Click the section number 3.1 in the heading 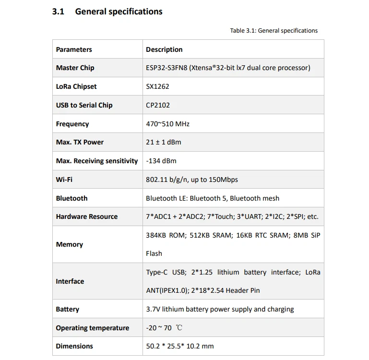pyautogui.click(x=58, y=12)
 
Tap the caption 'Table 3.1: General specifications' pyautogui.click(x=274, y=31)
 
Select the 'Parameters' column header pyautogui.click(x=74, y=49)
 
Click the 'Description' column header pyautogui.click(x=164, y=49)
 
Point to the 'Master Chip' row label pyautogui.click(x=75, y=68)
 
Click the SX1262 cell pyautogui.click(x=157, y=86)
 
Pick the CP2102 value pyautogui.click(x=158, y=105)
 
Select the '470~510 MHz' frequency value pyautogui.click(x=167, y=124)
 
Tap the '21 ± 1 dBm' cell pyautogui.click(x=164, y=142)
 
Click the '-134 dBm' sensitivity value pyautogui.click(x=161, y=161)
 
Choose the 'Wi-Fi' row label pyautogui.click(x=64, y=180)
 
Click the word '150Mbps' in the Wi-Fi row pyautogui.click(x=223, y=180)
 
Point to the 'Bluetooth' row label pyautogui.click(x=71, y=198)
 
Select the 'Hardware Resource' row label pyautogui.click(x=86, y=216)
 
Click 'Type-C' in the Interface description pyautogui.click(x=157, y=272)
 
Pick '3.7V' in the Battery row pyautogui.click(x=153, y=309)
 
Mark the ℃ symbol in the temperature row pyautogui.click(x=179, y=328)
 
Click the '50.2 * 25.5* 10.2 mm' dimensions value pyautogui.click(x=180, y=346)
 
